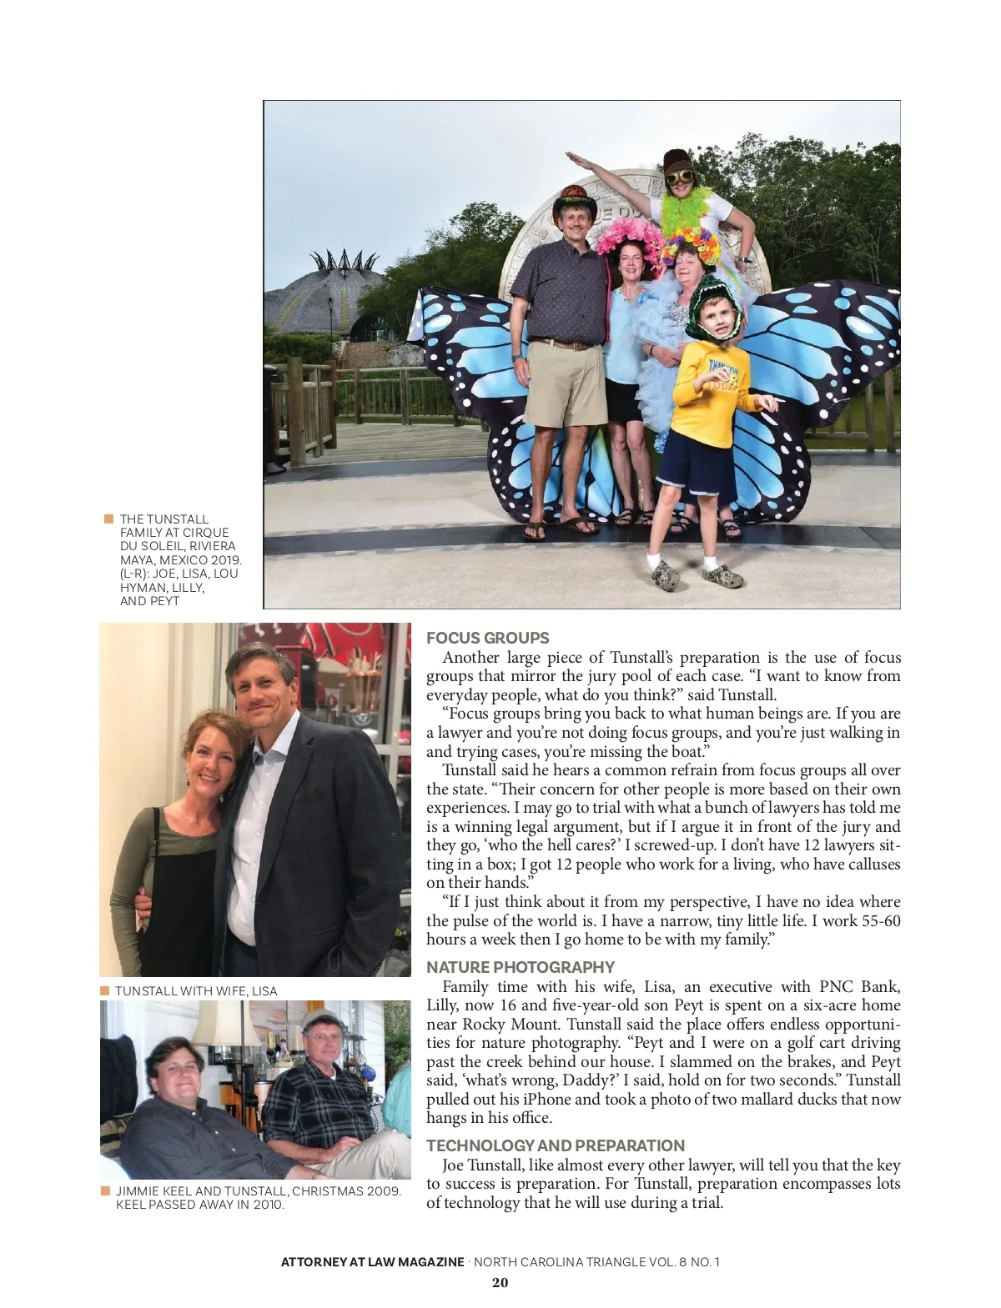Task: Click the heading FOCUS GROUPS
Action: [487, 639]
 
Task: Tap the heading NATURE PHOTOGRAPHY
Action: [520, 967]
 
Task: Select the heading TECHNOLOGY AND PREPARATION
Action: [555, 1145]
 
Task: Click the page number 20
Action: [500, 1282]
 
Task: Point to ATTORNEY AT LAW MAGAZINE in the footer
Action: [372, 1262]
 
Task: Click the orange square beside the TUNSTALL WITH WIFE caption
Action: [105, 990]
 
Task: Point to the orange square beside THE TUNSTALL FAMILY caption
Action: [108, 519]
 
